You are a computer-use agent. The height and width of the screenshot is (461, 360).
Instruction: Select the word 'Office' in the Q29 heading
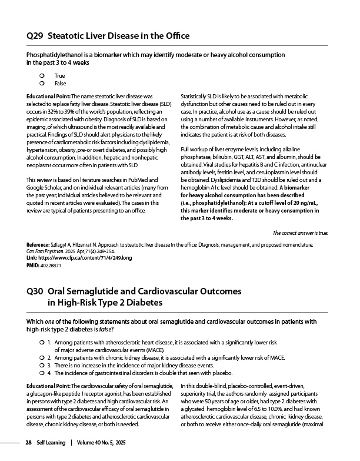182,37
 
